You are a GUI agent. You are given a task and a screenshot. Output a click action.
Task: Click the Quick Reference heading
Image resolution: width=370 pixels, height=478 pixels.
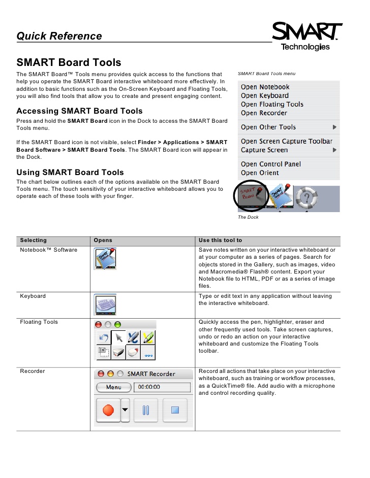click(59, 36)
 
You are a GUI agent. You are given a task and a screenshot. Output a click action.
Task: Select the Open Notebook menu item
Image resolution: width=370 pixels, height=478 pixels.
click(265, 87)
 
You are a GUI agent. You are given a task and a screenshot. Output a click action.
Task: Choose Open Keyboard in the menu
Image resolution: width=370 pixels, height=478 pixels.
click(264, 95)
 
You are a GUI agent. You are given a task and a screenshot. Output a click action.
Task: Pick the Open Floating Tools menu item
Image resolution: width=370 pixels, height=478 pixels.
click(272, 104)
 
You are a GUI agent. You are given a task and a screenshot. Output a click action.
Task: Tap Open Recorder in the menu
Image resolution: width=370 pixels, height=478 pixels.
click(264, 113)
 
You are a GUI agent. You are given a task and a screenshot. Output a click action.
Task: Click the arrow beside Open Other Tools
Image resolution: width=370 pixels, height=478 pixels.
click(334, 127)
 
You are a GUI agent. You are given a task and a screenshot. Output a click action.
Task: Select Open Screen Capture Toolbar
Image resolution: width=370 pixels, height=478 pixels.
click(286, 141)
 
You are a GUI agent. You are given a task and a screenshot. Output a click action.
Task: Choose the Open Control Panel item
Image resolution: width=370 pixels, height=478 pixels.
click(270, 164)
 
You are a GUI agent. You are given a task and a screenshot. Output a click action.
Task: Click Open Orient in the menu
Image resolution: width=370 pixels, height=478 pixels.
click(260, 173)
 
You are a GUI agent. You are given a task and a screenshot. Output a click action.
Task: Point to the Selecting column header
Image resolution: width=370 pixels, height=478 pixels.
click(33, 240)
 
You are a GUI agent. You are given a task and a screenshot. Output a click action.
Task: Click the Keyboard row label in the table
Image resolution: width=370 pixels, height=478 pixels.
click(33, 296)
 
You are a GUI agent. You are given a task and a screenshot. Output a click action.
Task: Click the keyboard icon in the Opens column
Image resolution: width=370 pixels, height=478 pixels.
click(105, 304)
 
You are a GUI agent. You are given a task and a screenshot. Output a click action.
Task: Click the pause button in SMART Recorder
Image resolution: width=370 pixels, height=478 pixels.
click(146, 410)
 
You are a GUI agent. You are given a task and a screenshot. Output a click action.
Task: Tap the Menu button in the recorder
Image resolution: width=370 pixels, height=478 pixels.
click(113, 387)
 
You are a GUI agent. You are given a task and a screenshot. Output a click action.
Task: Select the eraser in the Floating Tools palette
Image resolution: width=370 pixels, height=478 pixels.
click(133, 352)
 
